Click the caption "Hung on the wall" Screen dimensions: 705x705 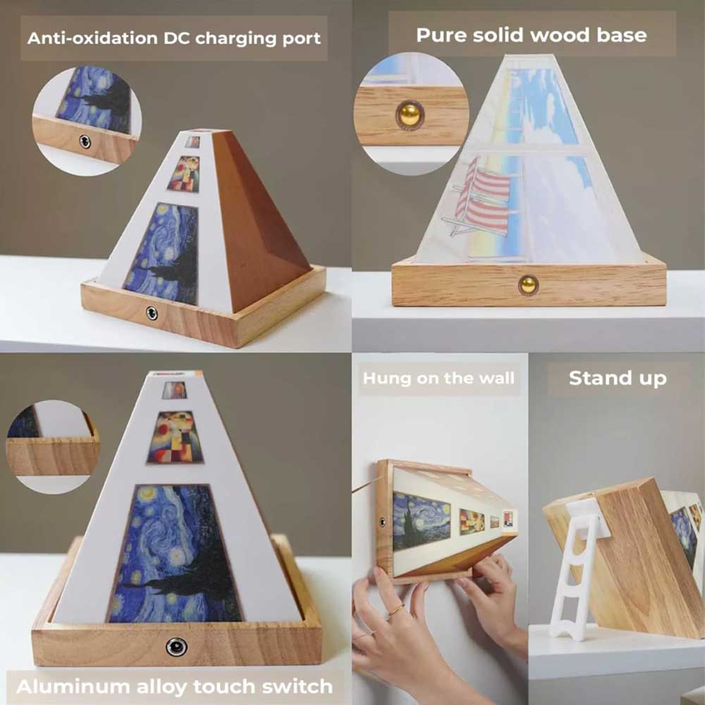[x=439, y=378]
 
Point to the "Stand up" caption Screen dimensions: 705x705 [x=618, y=379]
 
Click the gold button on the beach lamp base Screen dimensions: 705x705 [x=528, y=285]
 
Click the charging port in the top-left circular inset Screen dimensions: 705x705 [x=85, y=142]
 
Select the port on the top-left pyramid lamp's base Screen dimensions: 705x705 [x=152, y=313]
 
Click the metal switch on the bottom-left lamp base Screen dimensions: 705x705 [x=176, y=647]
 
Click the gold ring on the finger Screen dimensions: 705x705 [x=396, y=610]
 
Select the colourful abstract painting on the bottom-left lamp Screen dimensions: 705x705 [x=175, y=437]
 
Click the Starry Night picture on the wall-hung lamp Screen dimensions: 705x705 [x=421, y=522]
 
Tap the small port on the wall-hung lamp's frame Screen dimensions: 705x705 [x=382, y=522]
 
